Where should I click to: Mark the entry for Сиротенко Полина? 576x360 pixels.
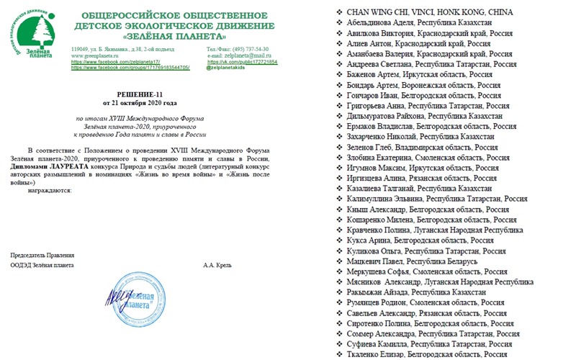point(381,324)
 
